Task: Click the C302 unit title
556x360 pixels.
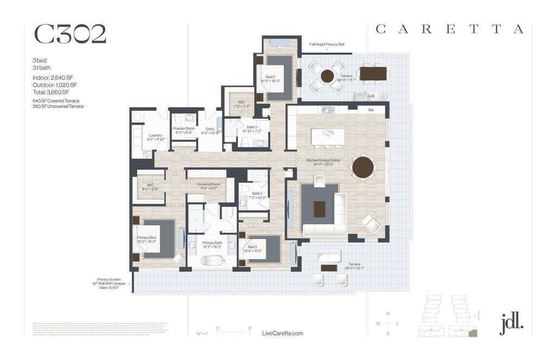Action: [70, 34]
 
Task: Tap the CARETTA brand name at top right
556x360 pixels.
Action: [450, 30]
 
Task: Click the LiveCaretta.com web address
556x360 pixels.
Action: [282, 333]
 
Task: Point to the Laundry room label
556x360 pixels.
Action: [155, 136]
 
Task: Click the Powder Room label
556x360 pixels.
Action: [184, 129]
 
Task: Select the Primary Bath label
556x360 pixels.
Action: [212, 243]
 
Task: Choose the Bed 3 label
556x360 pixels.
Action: [270, 77]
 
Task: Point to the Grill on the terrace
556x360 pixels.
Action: [371, 96]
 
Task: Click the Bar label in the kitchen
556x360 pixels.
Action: [371, 110]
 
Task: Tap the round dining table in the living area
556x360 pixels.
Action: [363, 167]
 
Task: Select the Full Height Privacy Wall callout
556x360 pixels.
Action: [327, 45]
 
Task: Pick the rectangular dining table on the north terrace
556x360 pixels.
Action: [373, 73]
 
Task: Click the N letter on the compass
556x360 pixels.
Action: [388, 314]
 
